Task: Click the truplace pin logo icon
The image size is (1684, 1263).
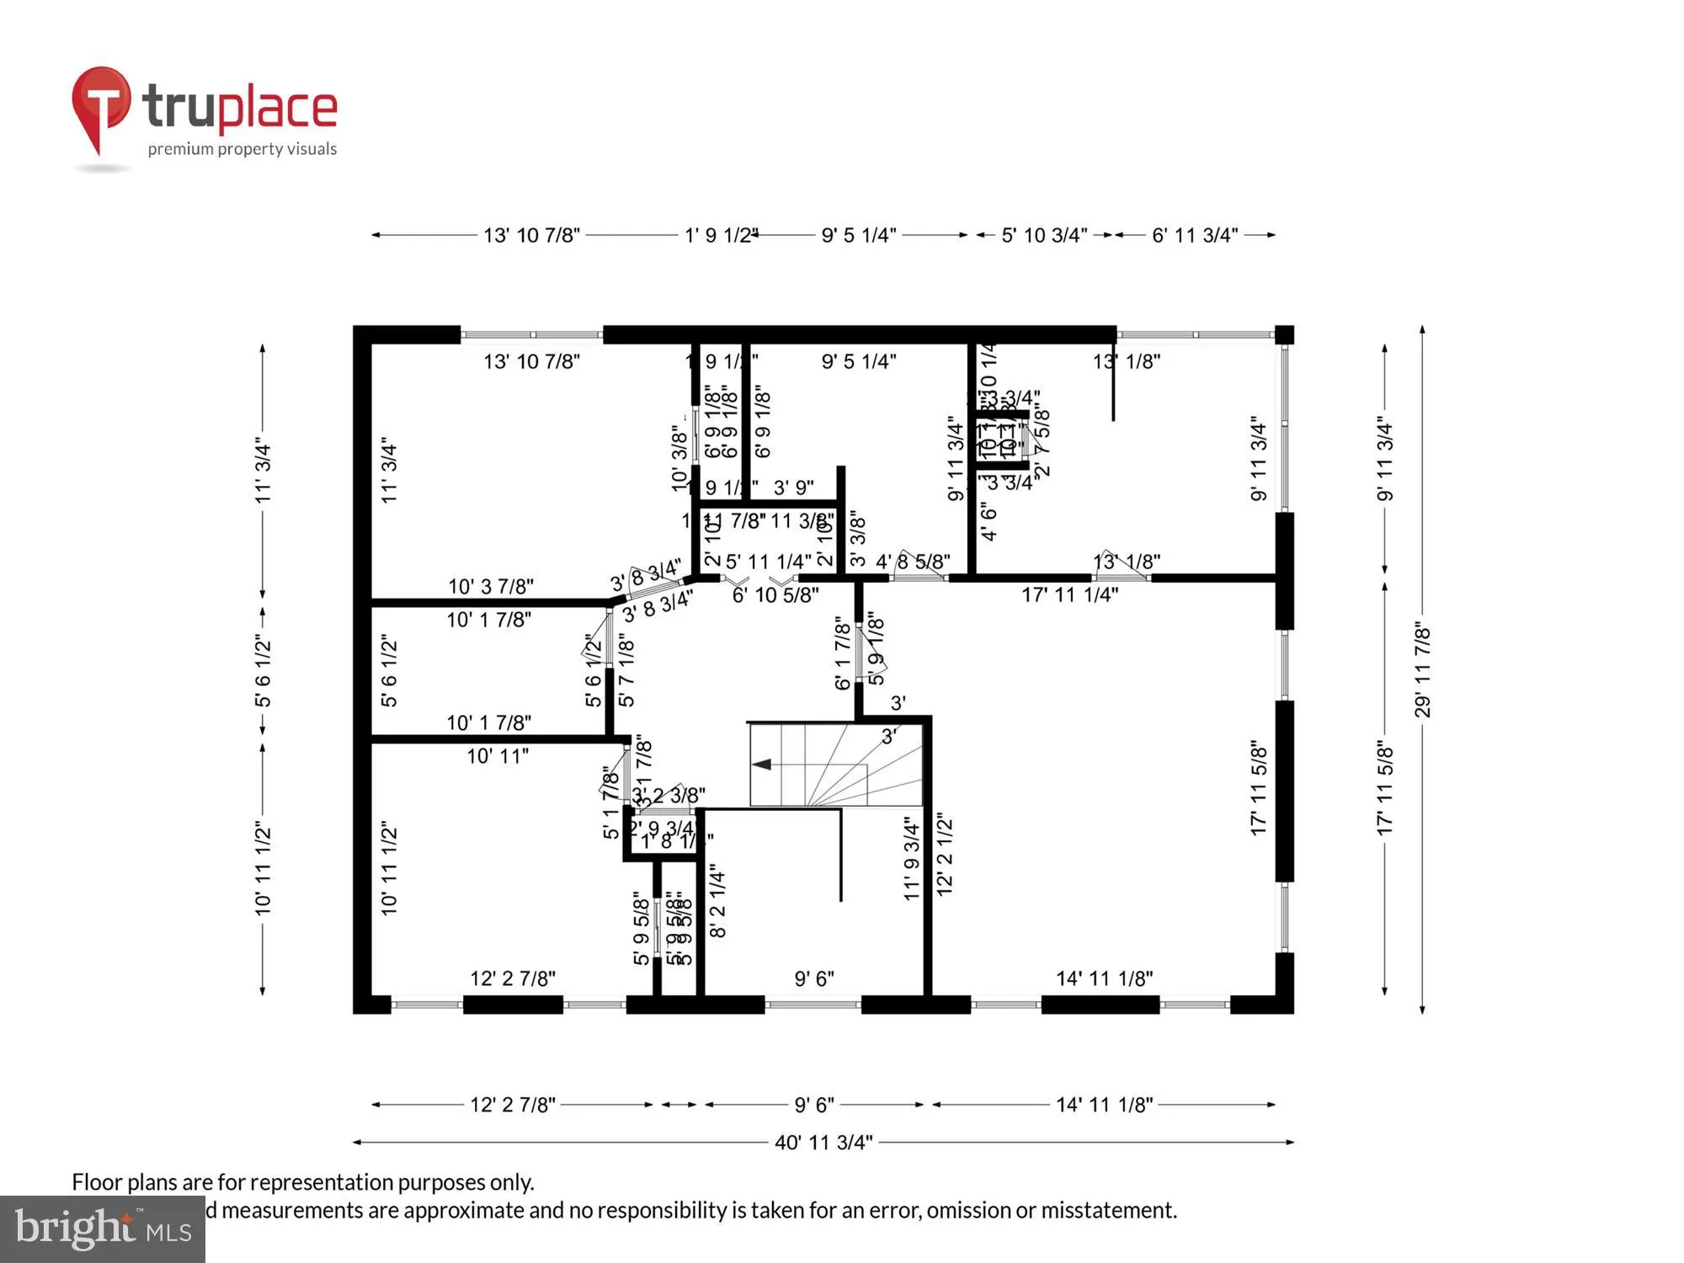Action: (101, 105)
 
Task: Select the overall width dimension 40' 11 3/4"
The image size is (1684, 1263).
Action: (823, 1143)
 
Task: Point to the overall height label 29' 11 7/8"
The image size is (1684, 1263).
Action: (1422, 670)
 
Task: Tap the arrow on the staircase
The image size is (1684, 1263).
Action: (762, 765)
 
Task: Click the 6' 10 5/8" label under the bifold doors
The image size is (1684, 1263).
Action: (775, 595)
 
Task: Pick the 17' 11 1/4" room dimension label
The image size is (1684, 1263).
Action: (1069, 595)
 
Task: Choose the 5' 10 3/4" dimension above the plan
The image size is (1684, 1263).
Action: (1044, 236)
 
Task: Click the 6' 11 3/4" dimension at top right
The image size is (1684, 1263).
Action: (1195, 236)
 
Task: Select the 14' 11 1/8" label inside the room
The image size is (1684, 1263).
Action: (1104, 978)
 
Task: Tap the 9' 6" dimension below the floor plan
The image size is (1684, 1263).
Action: (813, 1105)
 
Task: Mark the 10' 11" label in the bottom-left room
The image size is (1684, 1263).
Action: (498, 756)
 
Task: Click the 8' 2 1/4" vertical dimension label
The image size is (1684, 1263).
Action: (717, 900)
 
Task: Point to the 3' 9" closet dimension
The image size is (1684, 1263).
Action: (793, 488)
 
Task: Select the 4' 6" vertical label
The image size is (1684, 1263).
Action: (989, 521)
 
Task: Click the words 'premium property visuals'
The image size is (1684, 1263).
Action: (242, 149)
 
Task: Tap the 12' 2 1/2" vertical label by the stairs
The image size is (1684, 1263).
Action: (945, 854)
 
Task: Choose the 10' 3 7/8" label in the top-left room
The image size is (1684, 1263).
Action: (490, 586)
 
